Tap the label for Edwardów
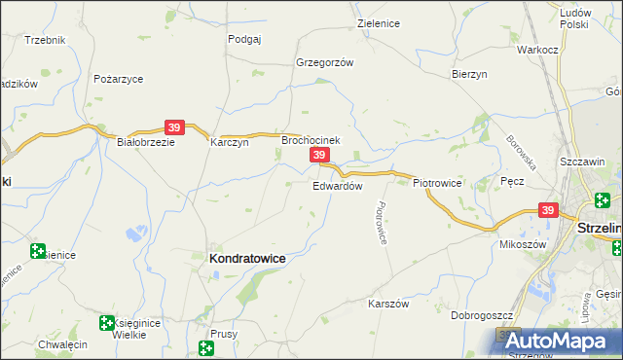(338, 186)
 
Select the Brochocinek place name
(311, 140)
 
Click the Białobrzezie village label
(145, 141)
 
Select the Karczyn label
(230, 141)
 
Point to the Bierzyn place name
(469, 74)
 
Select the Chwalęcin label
(62, 344)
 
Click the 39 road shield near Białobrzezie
(174, 127)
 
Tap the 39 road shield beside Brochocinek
(318, 156)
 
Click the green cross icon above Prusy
(206, 347)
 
